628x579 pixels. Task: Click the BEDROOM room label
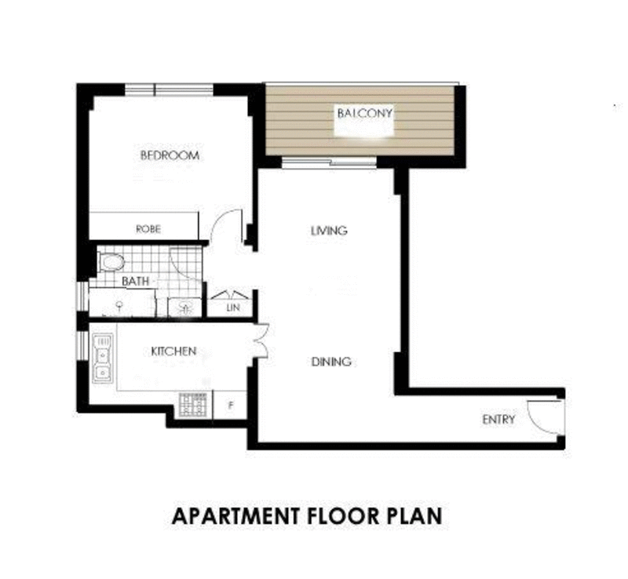pyautogui.click(x=170, y=155)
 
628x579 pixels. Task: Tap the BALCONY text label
pyautogui.click(x=364, y=113)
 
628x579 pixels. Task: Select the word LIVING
pyautogui.click(x=329, y=231)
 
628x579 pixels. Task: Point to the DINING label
pyautogui.click(x=330, y=362)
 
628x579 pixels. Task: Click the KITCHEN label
pyautogui.click(x=173, y=351)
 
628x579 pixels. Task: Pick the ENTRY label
pyautogui.click(x=498, y=420)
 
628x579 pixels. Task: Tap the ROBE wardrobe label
pyautogui.click(x=148, y=229)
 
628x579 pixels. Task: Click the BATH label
pyautogui.click(x=135, y=280)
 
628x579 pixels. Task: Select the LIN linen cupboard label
pyautogui.click(x=232, y=308)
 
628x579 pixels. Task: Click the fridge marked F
pyautogui.click(x=231, y=406)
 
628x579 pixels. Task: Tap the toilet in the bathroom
pyautogui.click(x=111, y=261)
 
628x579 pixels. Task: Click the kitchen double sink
pyautogui.click(x=102, y=359)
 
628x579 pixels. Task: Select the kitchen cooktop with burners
pyautogui.click(x=193, y=404)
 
